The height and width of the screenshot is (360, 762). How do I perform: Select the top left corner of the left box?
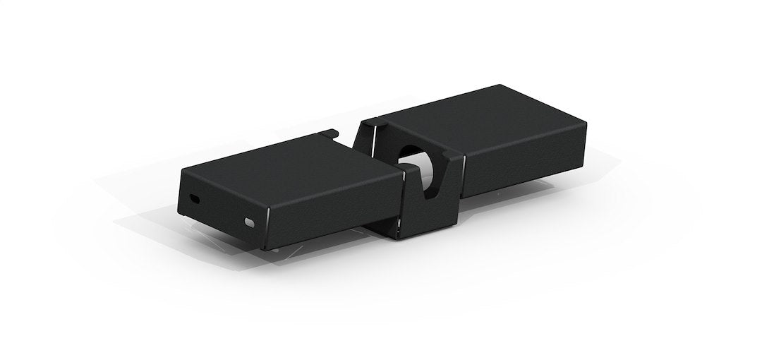pyautogui.click(x=182, y=169)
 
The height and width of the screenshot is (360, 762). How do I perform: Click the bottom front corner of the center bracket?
pyautogui.click(x=400, y=239)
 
